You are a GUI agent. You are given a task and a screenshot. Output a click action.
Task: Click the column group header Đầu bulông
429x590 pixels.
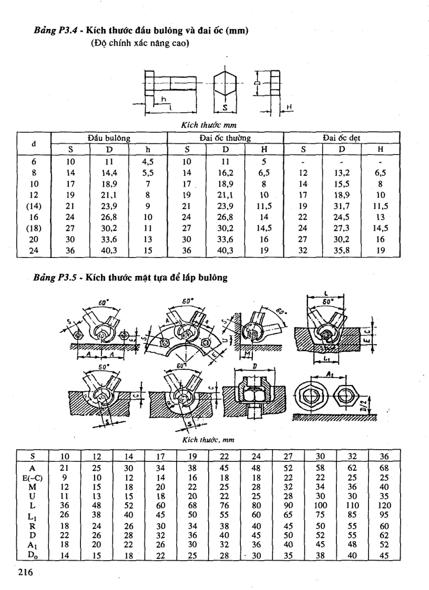[109, 138]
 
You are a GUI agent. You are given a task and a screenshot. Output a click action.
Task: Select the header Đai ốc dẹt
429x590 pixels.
[342, 138]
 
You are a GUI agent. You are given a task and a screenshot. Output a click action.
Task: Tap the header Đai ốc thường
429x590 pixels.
[225, 138]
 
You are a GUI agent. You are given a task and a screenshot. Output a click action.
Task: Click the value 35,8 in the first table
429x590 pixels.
[342, 251]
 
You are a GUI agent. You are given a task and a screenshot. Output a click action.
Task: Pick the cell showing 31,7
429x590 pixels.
[342, 205]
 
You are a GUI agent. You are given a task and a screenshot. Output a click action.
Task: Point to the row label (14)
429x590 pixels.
[34, 205]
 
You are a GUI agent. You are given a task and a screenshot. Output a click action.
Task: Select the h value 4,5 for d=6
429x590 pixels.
[148, 161]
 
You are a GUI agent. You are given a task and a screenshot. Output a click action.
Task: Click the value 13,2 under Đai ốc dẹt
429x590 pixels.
[342, 172]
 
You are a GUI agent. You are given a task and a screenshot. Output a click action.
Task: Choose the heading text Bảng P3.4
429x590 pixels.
[49, 32]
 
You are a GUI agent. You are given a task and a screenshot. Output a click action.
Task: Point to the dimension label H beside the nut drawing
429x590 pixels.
[289, 108]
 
